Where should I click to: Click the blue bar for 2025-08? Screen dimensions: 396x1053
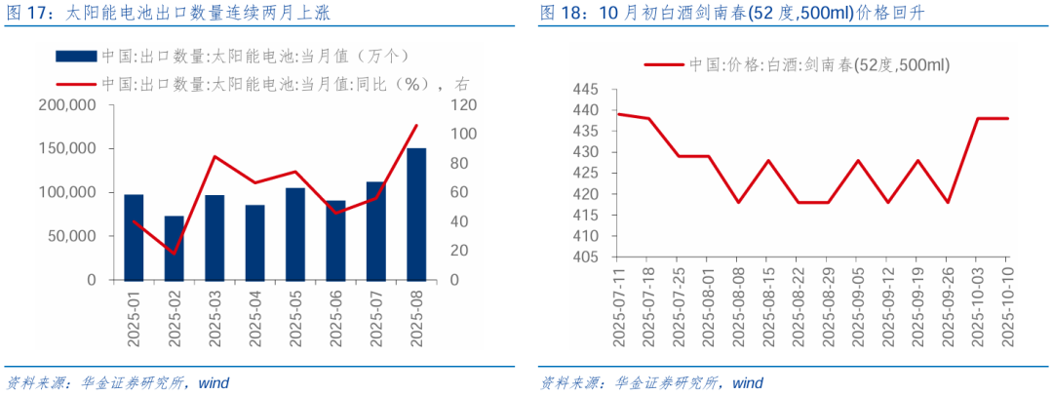[416, 214]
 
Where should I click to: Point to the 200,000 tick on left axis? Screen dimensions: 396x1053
[67, 104]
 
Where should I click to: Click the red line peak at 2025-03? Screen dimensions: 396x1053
[214, 156]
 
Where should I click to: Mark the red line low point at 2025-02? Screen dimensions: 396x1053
[174, 254]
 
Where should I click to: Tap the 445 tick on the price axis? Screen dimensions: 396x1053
[586, 89]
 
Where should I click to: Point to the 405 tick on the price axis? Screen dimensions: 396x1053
[586, 257]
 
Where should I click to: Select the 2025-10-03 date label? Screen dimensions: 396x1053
[978, 304]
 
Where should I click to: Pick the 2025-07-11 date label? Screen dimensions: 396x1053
[618, 304]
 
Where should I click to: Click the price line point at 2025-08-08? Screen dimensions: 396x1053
[738, 202]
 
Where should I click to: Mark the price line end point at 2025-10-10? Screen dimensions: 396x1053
[1008, 118]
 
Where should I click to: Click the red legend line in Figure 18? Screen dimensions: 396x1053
[663, 64]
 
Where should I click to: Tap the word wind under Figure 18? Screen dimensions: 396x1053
[748, 381]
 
